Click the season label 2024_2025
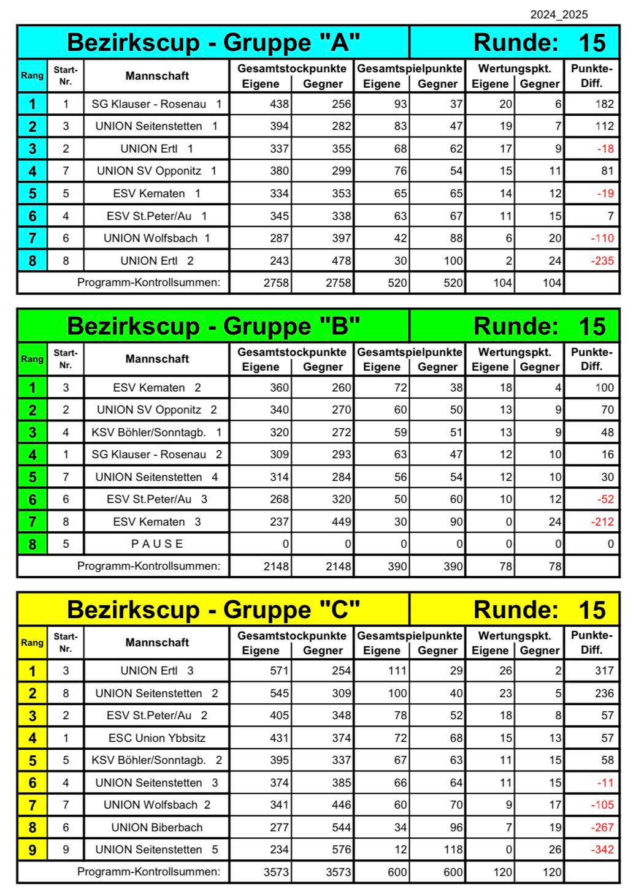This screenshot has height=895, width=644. click(x=559, y=15)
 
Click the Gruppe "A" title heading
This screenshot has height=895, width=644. click(x=213, y=42)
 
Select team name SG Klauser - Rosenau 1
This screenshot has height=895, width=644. click(x=156, y=104)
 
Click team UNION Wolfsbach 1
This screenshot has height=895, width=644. click(x=156, y=238)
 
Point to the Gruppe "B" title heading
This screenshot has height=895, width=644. click(x=213, y=326)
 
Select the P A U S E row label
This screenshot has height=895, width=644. click(x=156, y=544)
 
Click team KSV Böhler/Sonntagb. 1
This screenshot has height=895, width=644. click(x=156, y=432)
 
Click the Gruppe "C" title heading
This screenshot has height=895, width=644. click(x=213, y=610)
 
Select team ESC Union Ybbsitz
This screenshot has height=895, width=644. click(x=156, y=738)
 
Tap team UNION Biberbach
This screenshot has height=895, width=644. click(x=156, y=828)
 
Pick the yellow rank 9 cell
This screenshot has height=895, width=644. click(x=33, y=850)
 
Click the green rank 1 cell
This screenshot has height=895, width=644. click(x=33, y=388)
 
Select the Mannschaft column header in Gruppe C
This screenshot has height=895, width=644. click(x=156, y=643)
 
